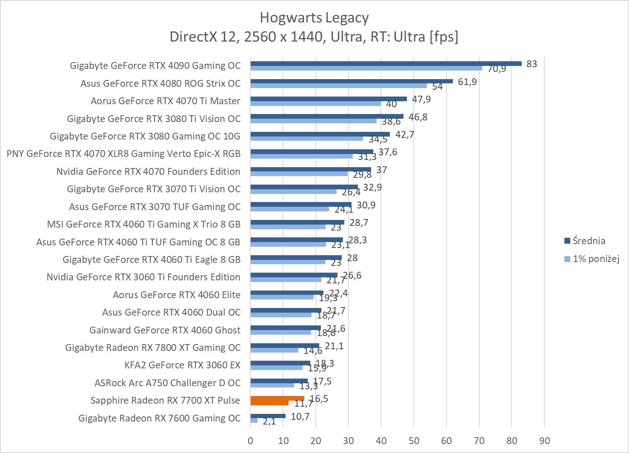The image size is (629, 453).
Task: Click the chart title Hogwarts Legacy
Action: point(314,18)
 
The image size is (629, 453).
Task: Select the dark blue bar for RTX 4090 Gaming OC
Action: point(386,64)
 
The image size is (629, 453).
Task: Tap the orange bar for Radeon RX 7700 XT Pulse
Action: point(277,399)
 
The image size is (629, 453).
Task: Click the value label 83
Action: point(532,64)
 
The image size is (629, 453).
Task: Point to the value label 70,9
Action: point(497,69)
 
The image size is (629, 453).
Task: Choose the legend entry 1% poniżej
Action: point(595,258)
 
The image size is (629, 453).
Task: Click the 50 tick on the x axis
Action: point(414,441)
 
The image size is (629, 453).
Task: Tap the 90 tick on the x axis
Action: point(544,441)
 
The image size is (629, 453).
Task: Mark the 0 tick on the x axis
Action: point(250,441)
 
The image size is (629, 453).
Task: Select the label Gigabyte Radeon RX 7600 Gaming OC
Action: point(159,418)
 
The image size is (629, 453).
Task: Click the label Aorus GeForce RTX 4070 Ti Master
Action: point(165,101)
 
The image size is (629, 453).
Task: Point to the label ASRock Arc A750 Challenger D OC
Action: point(167,383)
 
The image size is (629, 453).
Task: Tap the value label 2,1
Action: point(269,422)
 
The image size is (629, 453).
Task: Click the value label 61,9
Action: point(467,82)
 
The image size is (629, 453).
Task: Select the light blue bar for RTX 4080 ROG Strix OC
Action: point(338,85)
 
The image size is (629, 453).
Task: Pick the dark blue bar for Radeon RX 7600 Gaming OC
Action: point(268,416)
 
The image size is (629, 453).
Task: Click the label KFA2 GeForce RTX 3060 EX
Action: point(182,365)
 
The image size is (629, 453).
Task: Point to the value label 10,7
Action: point(300,416)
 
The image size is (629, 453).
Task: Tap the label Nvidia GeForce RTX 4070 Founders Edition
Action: point(148,171)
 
